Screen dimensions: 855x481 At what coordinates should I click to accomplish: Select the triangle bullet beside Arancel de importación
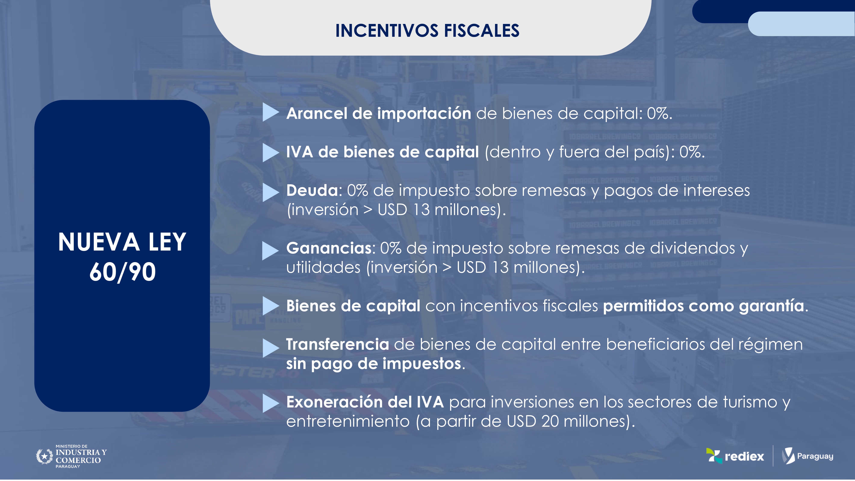tap(271, 112)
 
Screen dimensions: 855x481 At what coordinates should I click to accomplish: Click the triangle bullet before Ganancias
tap(271, 251)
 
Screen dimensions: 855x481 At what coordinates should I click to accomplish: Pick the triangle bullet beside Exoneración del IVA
tap(271, 403)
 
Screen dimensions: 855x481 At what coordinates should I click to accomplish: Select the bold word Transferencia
tap(338, 344)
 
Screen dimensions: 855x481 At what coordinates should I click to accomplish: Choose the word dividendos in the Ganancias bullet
tap(692, 248)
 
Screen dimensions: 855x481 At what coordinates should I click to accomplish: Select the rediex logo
tap(735, 456)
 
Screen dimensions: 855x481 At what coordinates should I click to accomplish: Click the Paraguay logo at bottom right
tap(808, 456)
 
